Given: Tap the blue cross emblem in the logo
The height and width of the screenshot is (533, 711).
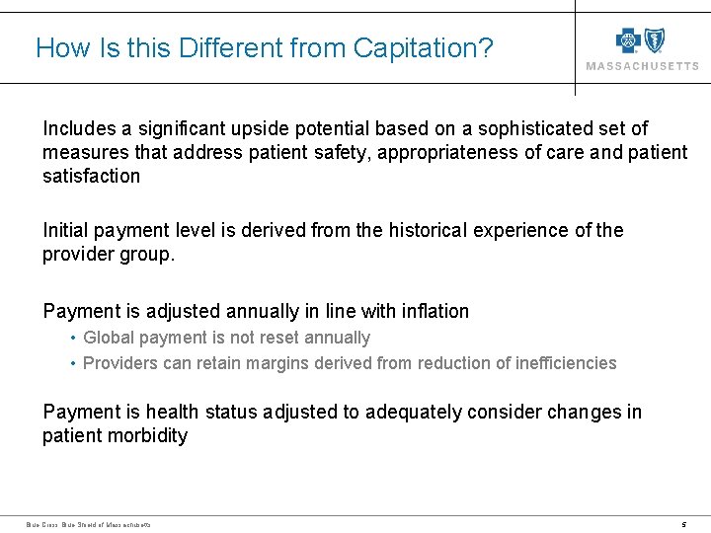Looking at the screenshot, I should point(628,40).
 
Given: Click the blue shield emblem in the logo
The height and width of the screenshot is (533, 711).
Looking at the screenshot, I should point(654,40).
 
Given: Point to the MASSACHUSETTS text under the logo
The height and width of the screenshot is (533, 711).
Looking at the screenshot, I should point(642,66).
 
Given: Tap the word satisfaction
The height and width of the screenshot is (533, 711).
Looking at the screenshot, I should point(91,176).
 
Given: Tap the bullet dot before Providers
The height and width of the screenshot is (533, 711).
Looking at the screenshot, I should point(74,363).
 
